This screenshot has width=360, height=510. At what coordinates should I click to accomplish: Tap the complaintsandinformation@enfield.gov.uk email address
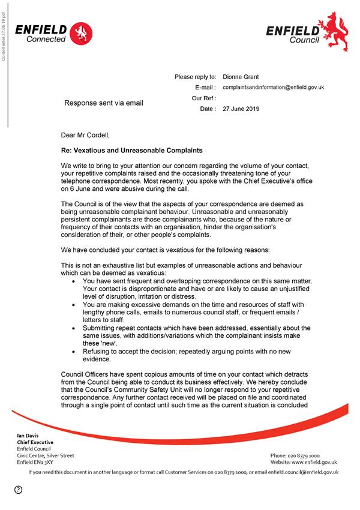click(x=273, y=88)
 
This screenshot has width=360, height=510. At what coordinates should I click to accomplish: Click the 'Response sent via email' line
click(x=104, y=103)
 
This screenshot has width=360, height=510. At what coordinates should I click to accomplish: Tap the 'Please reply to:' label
click(x=195, y=77)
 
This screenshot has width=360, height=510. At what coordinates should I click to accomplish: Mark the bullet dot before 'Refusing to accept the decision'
click(x=73, y=352)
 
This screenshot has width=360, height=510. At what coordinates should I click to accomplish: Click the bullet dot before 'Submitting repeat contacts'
click(x=73, y=328)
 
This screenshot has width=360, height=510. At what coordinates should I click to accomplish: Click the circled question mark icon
click(x=19, y=490)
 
